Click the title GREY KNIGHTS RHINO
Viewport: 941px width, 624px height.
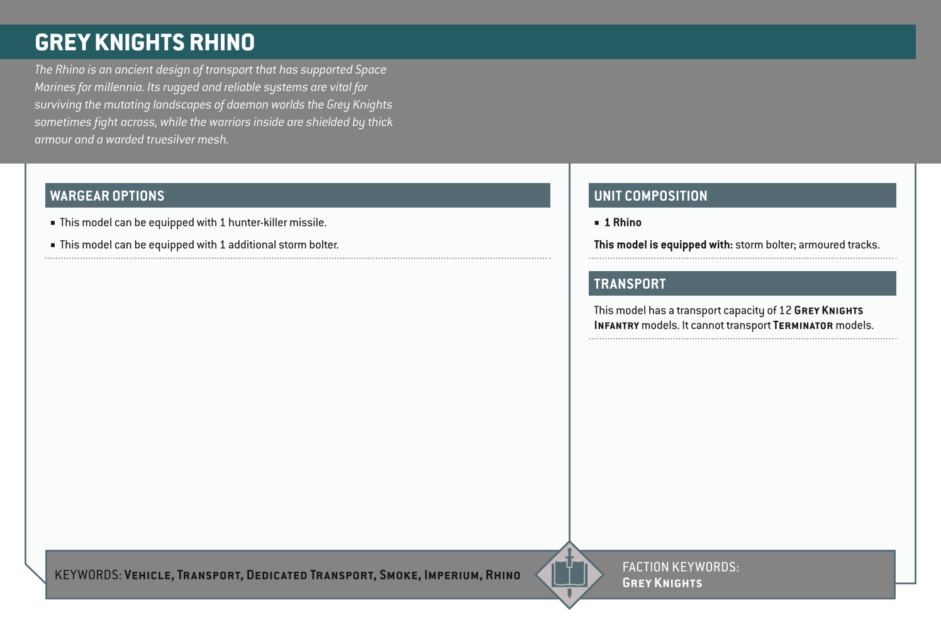(145, 43)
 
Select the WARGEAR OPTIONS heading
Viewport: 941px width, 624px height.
(107, 196)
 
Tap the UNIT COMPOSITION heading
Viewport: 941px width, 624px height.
(650, 196)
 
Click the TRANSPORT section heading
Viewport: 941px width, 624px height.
(630, 284)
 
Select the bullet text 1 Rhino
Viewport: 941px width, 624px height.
(623, 223)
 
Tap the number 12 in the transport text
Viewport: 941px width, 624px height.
(785, 311)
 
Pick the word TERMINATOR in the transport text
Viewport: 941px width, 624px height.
(803, 326)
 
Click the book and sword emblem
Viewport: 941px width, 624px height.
(569, 574)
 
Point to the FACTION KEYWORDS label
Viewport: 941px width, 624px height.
(681, 567)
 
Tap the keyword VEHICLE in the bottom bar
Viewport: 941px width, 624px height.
(148, 575)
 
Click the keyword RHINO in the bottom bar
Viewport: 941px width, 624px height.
(503, 575)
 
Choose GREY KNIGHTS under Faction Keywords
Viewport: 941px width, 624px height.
(662, 583)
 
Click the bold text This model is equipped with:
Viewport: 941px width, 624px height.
(663, 245)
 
